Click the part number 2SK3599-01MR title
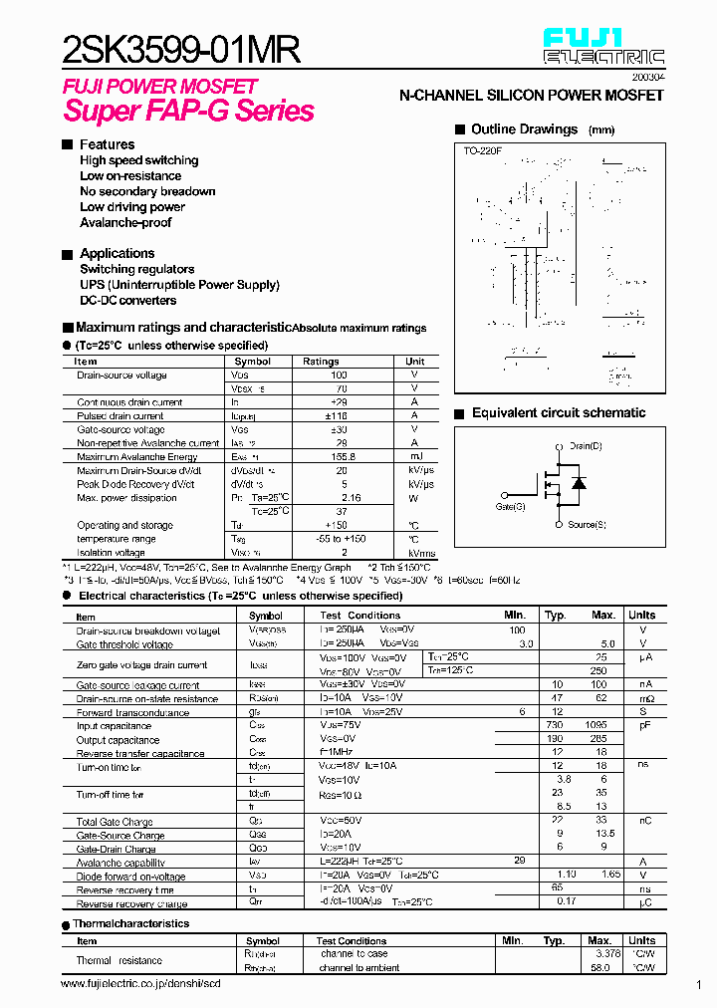point(180,49)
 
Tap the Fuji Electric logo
point(602,47)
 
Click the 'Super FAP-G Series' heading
point(189,111)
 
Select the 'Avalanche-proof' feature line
point(125,222)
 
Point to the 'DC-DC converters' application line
point(128,300)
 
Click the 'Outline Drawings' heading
point(524,129)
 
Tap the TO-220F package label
point(483,151)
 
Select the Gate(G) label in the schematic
point(510,507)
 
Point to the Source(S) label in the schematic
point(587,524)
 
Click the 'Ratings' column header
point(321,362)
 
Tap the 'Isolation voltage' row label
point(111,552)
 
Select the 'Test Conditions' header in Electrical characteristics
point(359,616)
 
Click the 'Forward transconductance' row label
point(132,713)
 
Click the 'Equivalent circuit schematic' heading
point(558,413)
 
